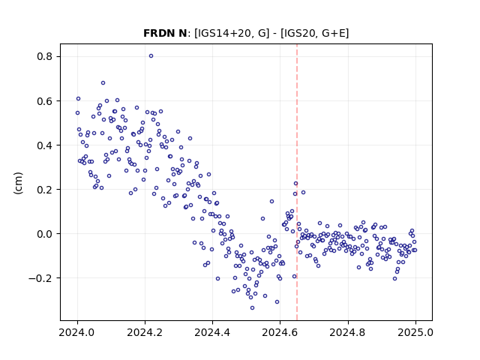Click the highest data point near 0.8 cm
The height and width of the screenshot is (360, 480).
click(x=151, y=55)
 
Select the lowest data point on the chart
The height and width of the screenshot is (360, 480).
click(x=252, y=307)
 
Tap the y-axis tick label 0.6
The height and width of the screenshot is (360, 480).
click(x=45, y=101)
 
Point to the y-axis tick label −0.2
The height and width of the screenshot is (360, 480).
click(x=41, y=278)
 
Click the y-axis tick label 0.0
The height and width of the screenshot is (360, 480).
click(x=45, y=234)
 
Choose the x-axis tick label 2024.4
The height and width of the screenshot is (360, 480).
click(x=212, y=332)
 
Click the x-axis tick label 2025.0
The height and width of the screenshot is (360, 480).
click(x=415, y=332)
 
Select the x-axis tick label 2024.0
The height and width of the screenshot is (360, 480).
click(x=77, y=332)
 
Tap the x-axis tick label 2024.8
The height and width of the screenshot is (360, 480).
click(x=348, y=332)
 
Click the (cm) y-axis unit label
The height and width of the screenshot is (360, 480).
click(x=18, y=183)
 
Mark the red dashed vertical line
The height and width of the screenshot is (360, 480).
click(x=297, y=182)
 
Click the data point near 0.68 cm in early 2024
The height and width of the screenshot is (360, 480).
click(x=103, y=82)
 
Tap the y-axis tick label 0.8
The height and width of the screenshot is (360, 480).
click(x=45, y=57)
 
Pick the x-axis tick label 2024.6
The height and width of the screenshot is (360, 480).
click(x=280, y=332)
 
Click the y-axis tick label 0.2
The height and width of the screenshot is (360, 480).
click(x=45, y=190)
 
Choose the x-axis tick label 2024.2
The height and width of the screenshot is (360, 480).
click(x=145, y=332)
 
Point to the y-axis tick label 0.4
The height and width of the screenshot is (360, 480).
click(x=45, y=145)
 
